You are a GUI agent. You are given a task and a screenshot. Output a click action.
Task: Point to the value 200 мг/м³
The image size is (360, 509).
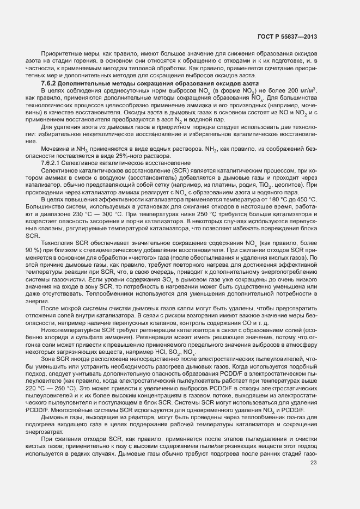coord(303,89)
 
